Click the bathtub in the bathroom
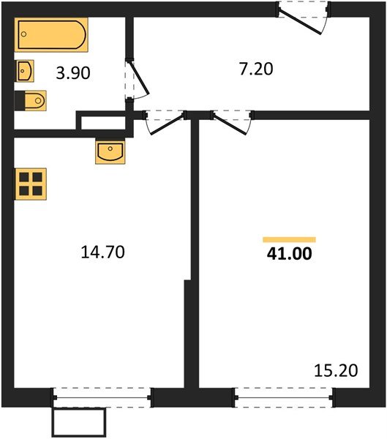pyautogui.click(x=51, y=34)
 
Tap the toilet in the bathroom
pyautogui.click(x=31, y=100)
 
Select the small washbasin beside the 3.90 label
pyautogui.click(x=25, y=71)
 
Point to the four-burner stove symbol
pyautogui.click(x=31, y=183)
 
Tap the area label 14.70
pyautogui.click(x=103, y=252)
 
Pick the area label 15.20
pyautogui.click(x=337, y=371)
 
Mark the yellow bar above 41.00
pyautogui.click(x=289, y=239)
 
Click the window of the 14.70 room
pyautogui.click(x=102, y=397)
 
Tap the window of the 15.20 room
pyautogui.click(x=285, y=397)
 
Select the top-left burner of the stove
pyautogui.click(x=24, y=176)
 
